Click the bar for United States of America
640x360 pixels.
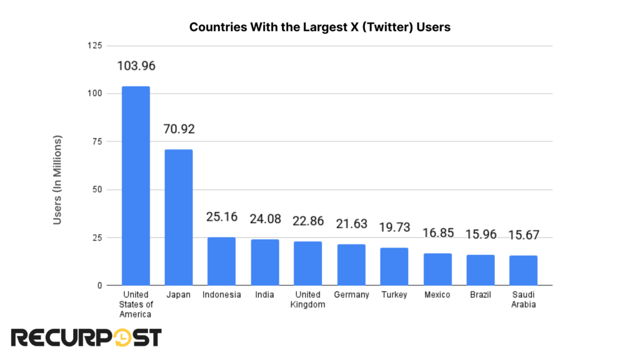click(136, 186)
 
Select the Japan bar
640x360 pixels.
click(179, 217)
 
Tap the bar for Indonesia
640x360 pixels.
click(222, 261)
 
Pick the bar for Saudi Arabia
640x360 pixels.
click(523, 270)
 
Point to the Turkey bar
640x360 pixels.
click(394, 266)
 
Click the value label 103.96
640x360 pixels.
click(136, 66)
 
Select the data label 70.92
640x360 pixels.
click(179, 129)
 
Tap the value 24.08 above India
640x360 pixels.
click(265, 219)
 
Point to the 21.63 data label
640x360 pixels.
click(351, 224)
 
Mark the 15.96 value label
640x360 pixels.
click(480, 235)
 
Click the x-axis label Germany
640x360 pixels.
click(351, 294)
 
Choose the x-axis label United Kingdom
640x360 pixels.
click(308, 299)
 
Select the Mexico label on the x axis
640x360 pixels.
click(437, 294)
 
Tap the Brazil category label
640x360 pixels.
click(480, 294)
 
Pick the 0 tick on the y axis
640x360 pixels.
click(98, 286)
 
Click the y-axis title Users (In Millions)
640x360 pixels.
click(57, 179)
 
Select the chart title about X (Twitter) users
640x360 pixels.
click(320, 27)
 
